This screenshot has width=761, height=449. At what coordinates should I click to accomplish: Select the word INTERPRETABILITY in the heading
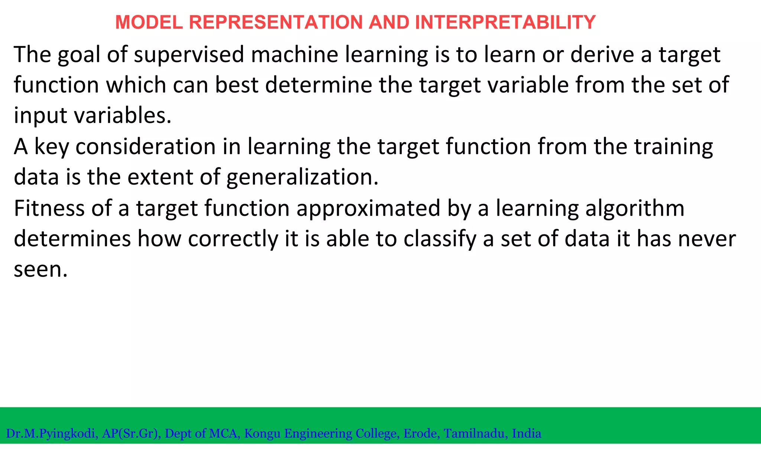[x=505, y=22]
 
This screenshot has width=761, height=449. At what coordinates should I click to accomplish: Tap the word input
[x=41, y=116]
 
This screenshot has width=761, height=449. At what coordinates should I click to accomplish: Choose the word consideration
[x=145, y=146]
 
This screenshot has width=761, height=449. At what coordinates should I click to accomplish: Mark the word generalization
[x=302, y=178]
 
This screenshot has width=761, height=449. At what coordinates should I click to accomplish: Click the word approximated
[x=368, y=209]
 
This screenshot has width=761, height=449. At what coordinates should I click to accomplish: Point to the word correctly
[x=233, y=239]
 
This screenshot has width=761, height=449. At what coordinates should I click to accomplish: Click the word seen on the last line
[x=40, y=270]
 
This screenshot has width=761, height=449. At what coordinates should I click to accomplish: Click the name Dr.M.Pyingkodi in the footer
[x=52, y=433]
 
